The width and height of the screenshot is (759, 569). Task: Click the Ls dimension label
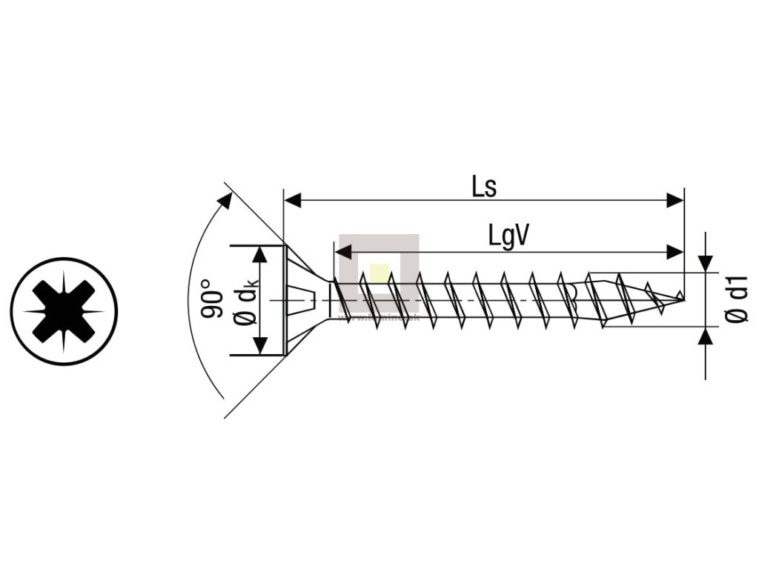pyautogui.click(x=485, y=187)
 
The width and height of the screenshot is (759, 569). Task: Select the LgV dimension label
pyautogui.click(x=508, y=236)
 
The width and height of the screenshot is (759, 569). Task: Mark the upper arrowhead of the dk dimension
pyautogui.click(x=259, y=255)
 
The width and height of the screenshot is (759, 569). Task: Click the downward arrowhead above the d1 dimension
pyautogui.click(x=706, y=263)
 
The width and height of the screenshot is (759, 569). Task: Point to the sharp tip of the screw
pyautogui.click(x=682, y=299)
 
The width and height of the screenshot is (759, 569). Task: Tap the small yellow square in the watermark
pyautogui.click(x=379, y=272)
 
